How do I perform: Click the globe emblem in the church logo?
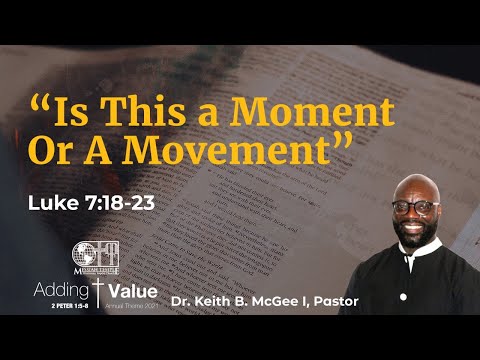click(84, 254)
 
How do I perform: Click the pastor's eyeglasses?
click(414, 207)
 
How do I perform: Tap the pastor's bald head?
click(412, 184)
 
